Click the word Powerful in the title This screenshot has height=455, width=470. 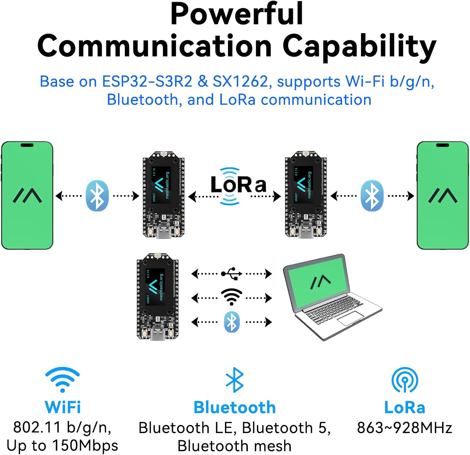click(x=237, y=14)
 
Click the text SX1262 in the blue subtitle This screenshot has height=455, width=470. click(x=240, y=81)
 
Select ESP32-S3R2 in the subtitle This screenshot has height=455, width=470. click(x=147, y=81)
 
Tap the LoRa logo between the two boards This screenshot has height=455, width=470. click(x=238, y=185)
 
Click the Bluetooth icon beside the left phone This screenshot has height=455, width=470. click(x=97, y=195)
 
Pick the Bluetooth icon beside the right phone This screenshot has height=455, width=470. click(x=372, y=195)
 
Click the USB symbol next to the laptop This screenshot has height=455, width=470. click(x=232, y=273)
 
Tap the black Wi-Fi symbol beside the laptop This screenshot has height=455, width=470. click(x=232, y=297)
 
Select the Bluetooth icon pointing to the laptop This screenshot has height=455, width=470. click(x=232, y=322)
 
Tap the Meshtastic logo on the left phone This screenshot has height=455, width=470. click(x=27, y=195)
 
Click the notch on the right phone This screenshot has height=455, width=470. click(x=442, y=145)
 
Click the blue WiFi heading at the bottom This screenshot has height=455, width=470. click(x=63, y=407)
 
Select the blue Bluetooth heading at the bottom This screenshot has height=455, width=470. click(x=235, y=407)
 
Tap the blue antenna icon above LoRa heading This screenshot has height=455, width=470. click(x=405, y=380)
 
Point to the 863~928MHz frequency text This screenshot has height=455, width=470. click(x=405, y=428)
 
